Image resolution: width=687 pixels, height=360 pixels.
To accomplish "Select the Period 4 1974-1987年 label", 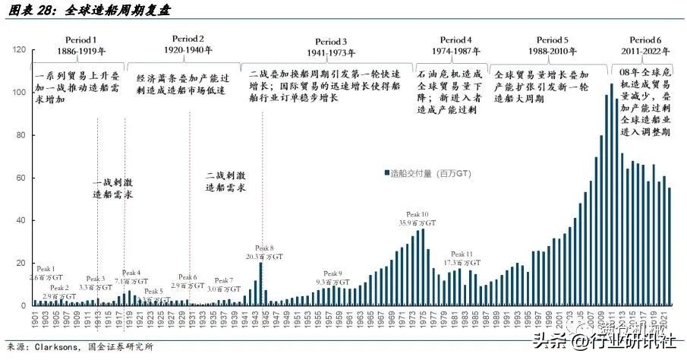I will [455, 46].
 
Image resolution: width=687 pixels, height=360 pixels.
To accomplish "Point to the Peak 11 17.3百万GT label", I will [460, 258].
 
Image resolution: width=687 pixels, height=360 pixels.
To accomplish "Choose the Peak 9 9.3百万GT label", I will [333, 277].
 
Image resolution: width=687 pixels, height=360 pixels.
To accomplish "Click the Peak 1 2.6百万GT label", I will [46, 274].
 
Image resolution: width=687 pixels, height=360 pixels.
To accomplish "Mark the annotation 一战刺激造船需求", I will [115, 188].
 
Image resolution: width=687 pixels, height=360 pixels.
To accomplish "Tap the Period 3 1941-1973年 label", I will [332, 47].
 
